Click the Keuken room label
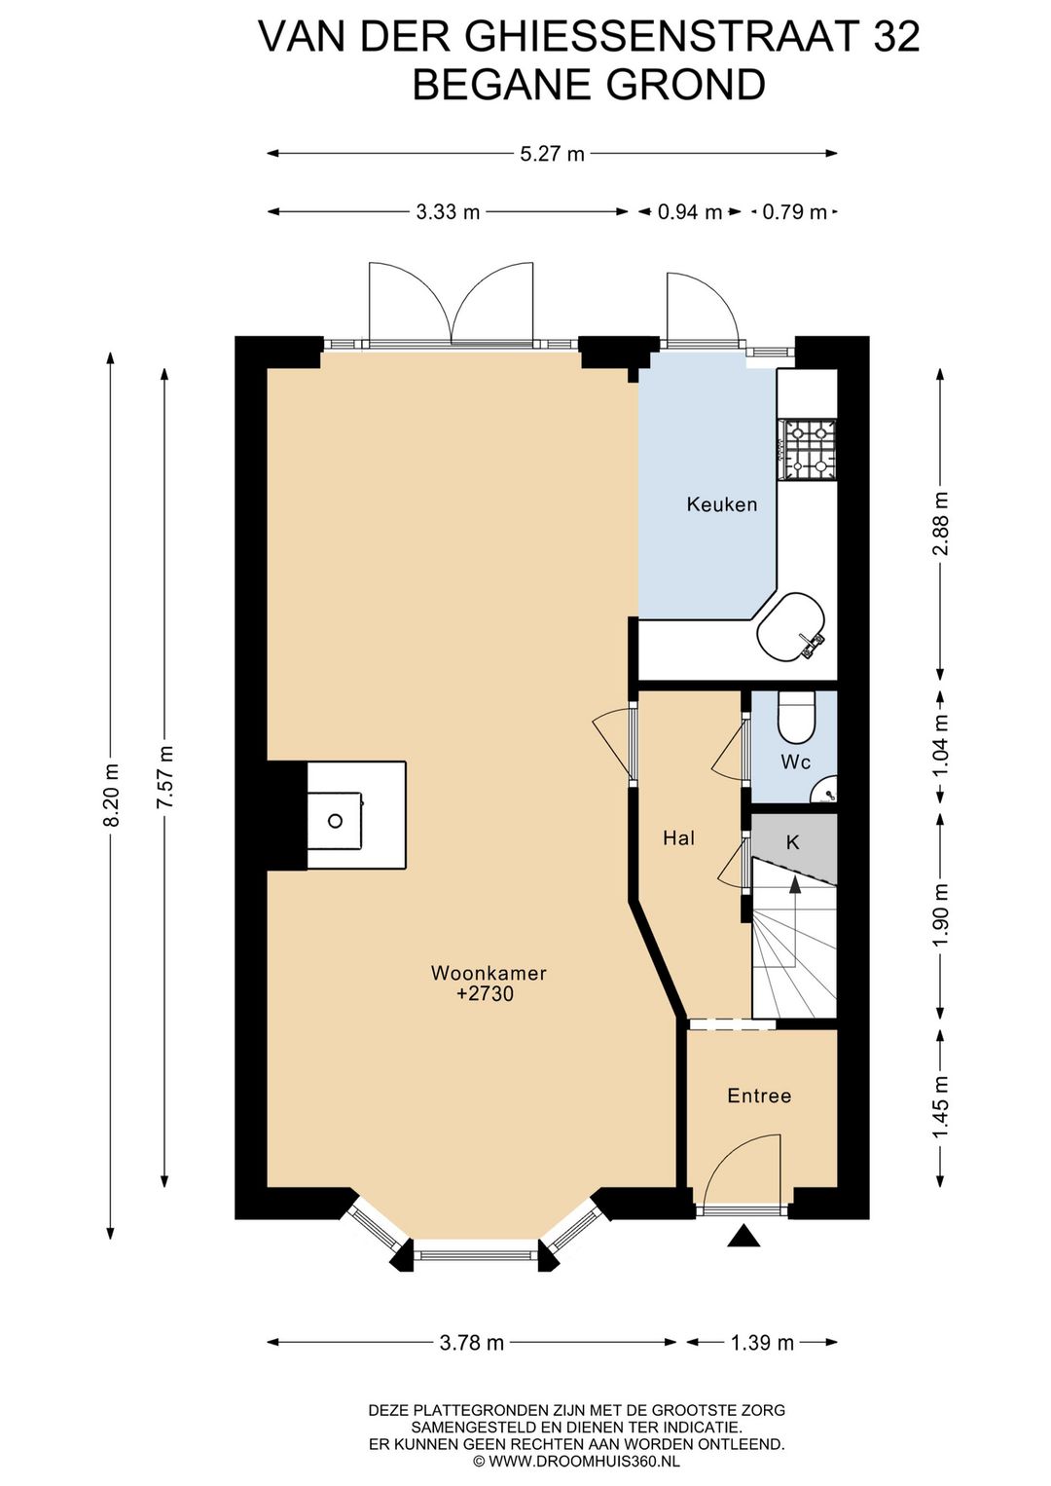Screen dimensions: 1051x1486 coord(721,504)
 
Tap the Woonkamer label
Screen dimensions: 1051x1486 coord(489,973)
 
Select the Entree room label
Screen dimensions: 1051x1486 coord(759,1096)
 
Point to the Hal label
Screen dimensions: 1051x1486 coord(679,838)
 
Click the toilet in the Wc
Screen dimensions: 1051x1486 coord(796,718)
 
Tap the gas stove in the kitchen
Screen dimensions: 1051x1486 coord(808,449)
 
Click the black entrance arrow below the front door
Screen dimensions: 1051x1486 coord(744,1236)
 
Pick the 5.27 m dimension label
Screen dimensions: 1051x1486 coord(552,154)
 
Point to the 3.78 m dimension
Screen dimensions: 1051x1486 coord(471,1343)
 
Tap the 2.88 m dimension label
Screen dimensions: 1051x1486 coord(941,524)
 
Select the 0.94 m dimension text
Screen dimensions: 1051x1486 coord(690,212)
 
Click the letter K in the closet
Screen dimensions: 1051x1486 coord(792,842)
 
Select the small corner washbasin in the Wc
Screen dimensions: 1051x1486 coord(826,790)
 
